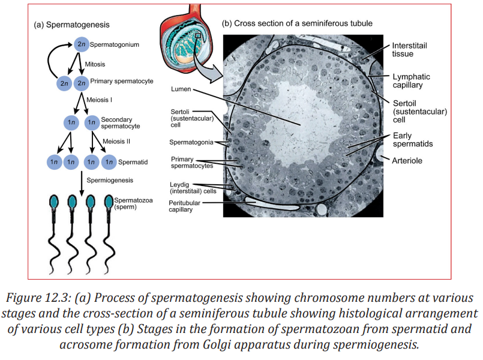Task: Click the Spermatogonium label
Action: point(114,44)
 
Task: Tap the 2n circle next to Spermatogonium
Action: point(82,44)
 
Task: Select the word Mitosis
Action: point(95,64)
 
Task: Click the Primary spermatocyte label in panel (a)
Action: point(122,82)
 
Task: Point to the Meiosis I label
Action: point(99,100)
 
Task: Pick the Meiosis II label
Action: point(116,142)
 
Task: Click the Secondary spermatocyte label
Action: point(121,123)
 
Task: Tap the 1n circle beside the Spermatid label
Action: point(109,162)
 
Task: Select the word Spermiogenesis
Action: point(110,180)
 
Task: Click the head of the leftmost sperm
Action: point(54,202)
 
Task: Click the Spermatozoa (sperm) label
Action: point(133,203)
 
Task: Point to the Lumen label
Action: point(181,89)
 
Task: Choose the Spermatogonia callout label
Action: point(191,142)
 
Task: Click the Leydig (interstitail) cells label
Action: point(193,188)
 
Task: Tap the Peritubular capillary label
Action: point(184,206)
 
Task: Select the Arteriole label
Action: point(407,160)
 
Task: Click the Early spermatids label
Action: point(413,140)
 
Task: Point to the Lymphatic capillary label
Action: point(411,80)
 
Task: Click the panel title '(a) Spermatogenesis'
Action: point(71,25)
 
